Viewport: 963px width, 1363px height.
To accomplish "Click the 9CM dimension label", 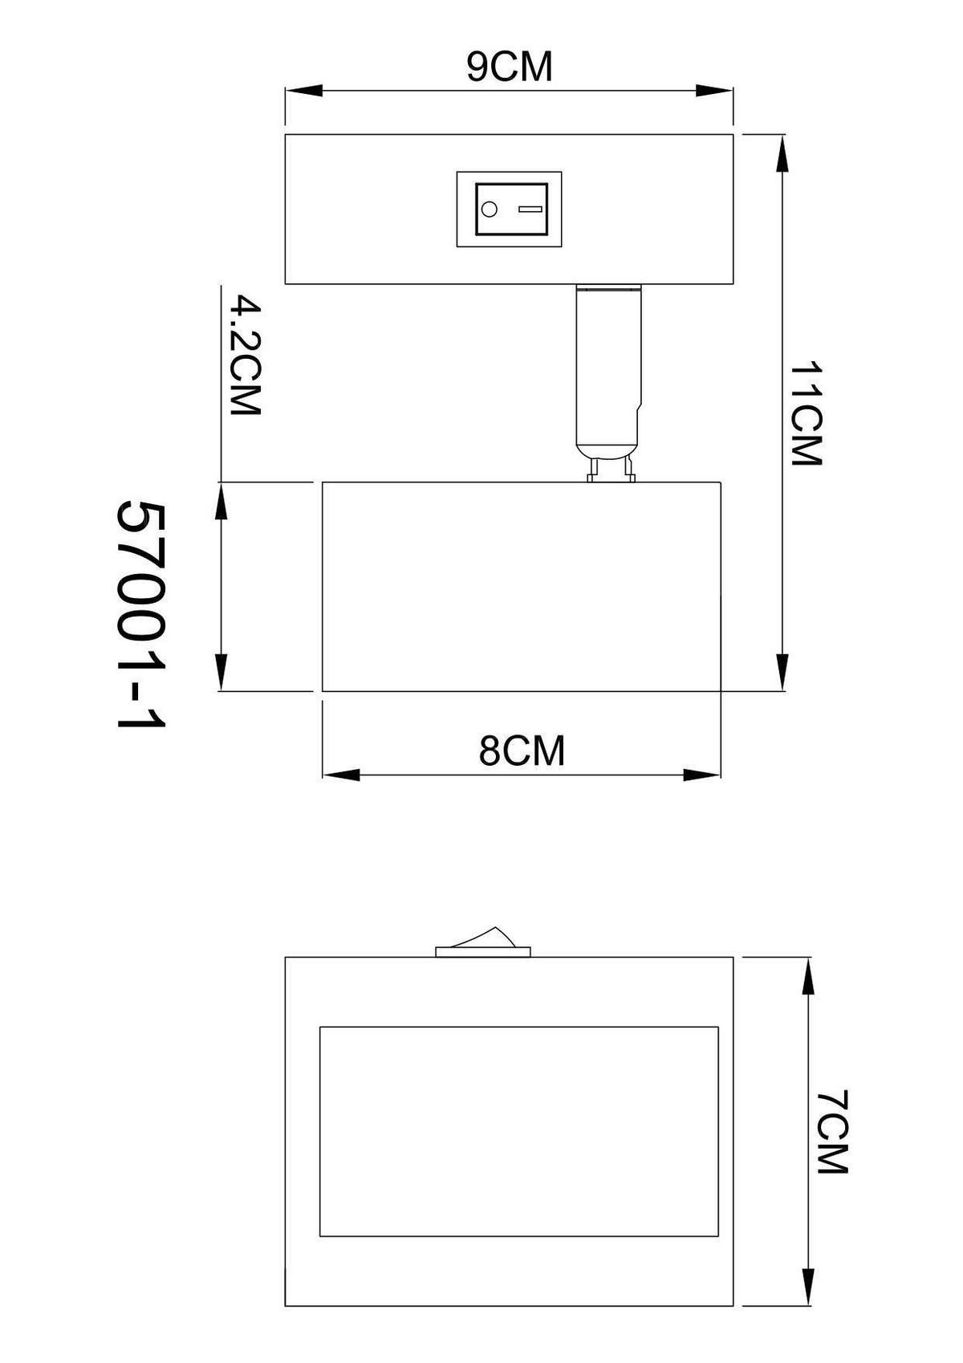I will tap(510, 67).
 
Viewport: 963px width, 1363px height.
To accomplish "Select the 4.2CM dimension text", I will tap(245, 356).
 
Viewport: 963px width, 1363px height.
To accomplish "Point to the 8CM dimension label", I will tap(522, 751).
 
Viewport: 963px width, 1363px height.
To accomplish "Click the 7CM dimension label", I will tap(832, 1133).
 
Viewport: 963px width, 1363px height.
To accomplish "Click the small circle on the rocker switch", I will tap(488, 210).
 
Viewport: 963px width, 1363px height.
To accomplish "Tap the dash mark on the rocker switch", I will tap(530, 210).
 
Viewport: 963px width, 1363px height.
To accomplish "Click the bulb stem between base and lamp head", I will tap(609, 369).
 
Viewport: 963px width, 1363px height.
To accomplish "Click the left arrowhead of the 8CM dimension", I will tap(340, 775).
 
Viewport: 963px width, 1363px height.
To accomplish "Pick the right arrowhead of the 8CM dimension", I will tap(702, 775).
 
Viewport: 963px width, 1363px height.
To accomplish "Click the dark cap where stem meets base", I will tap(609, 287).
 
